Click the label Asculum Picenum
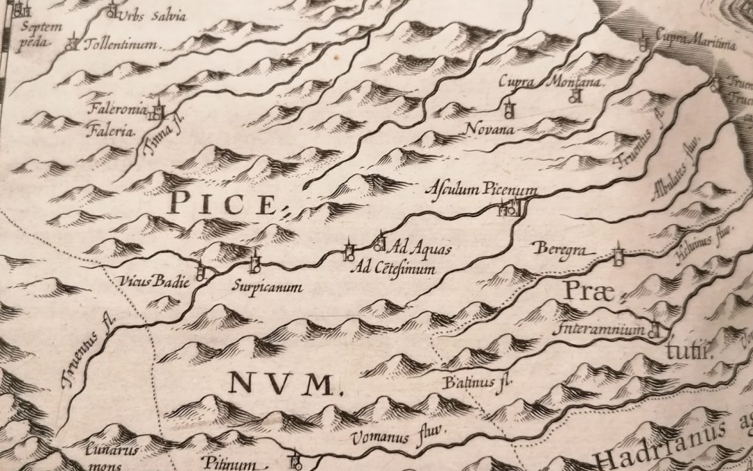(481, 190)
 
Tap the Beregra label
(556, 248)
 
